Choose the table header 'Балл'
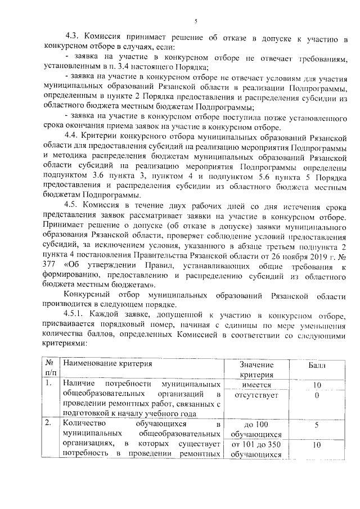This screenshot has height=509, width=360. (x=317, y=364)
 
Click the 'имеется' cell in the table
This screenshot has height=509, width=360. (x=256, y=385)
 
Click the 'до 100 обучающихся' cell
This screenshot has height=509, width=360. (x=256, y=429)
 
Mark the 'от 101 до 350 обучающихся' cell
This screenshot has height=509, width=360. (x=256, y=449)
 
